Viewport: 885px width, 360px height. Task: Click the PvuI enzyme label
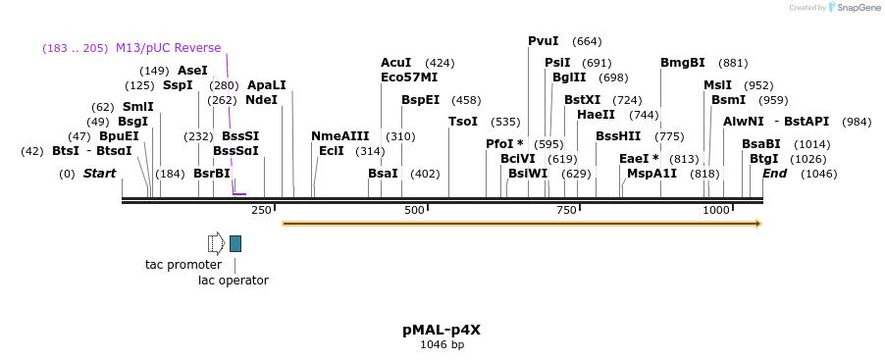543,41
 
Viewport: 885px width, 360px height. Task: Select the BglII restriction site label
569,77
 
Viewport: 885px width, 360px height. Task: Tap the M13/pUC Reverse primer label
168,47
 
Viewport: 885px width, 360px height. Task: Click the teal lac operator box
235,243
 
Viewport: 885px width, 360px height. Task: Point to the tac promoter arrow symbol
216,243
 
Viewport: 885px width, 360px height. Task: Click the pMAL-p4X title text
442,330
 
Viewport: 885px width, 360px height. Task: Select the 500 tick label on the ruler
414,210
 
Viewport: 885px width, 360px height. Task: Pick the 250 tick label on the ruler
261,210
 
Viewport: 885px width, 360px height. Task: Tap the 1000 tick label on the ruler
717,210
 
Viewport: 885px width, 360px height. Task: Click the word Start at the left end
99,174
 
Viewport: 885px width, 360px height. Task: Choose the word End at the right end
774,174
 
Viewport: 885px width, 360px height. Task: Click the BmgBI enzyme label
682,63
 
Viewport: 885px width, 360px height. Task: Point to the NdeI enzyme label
261,100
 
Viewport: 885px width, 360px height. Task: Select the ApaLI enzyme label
266,85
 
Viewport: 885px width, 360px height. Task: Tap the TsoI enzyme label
463,122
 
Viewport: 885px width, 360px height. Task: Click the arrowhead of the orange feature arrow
755,224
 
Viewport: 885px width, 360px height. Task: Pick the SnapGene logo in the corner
852,8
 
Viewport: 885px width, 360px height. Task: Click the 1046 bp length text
442,345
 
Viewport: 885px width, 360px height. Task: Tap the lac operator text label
234,281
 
